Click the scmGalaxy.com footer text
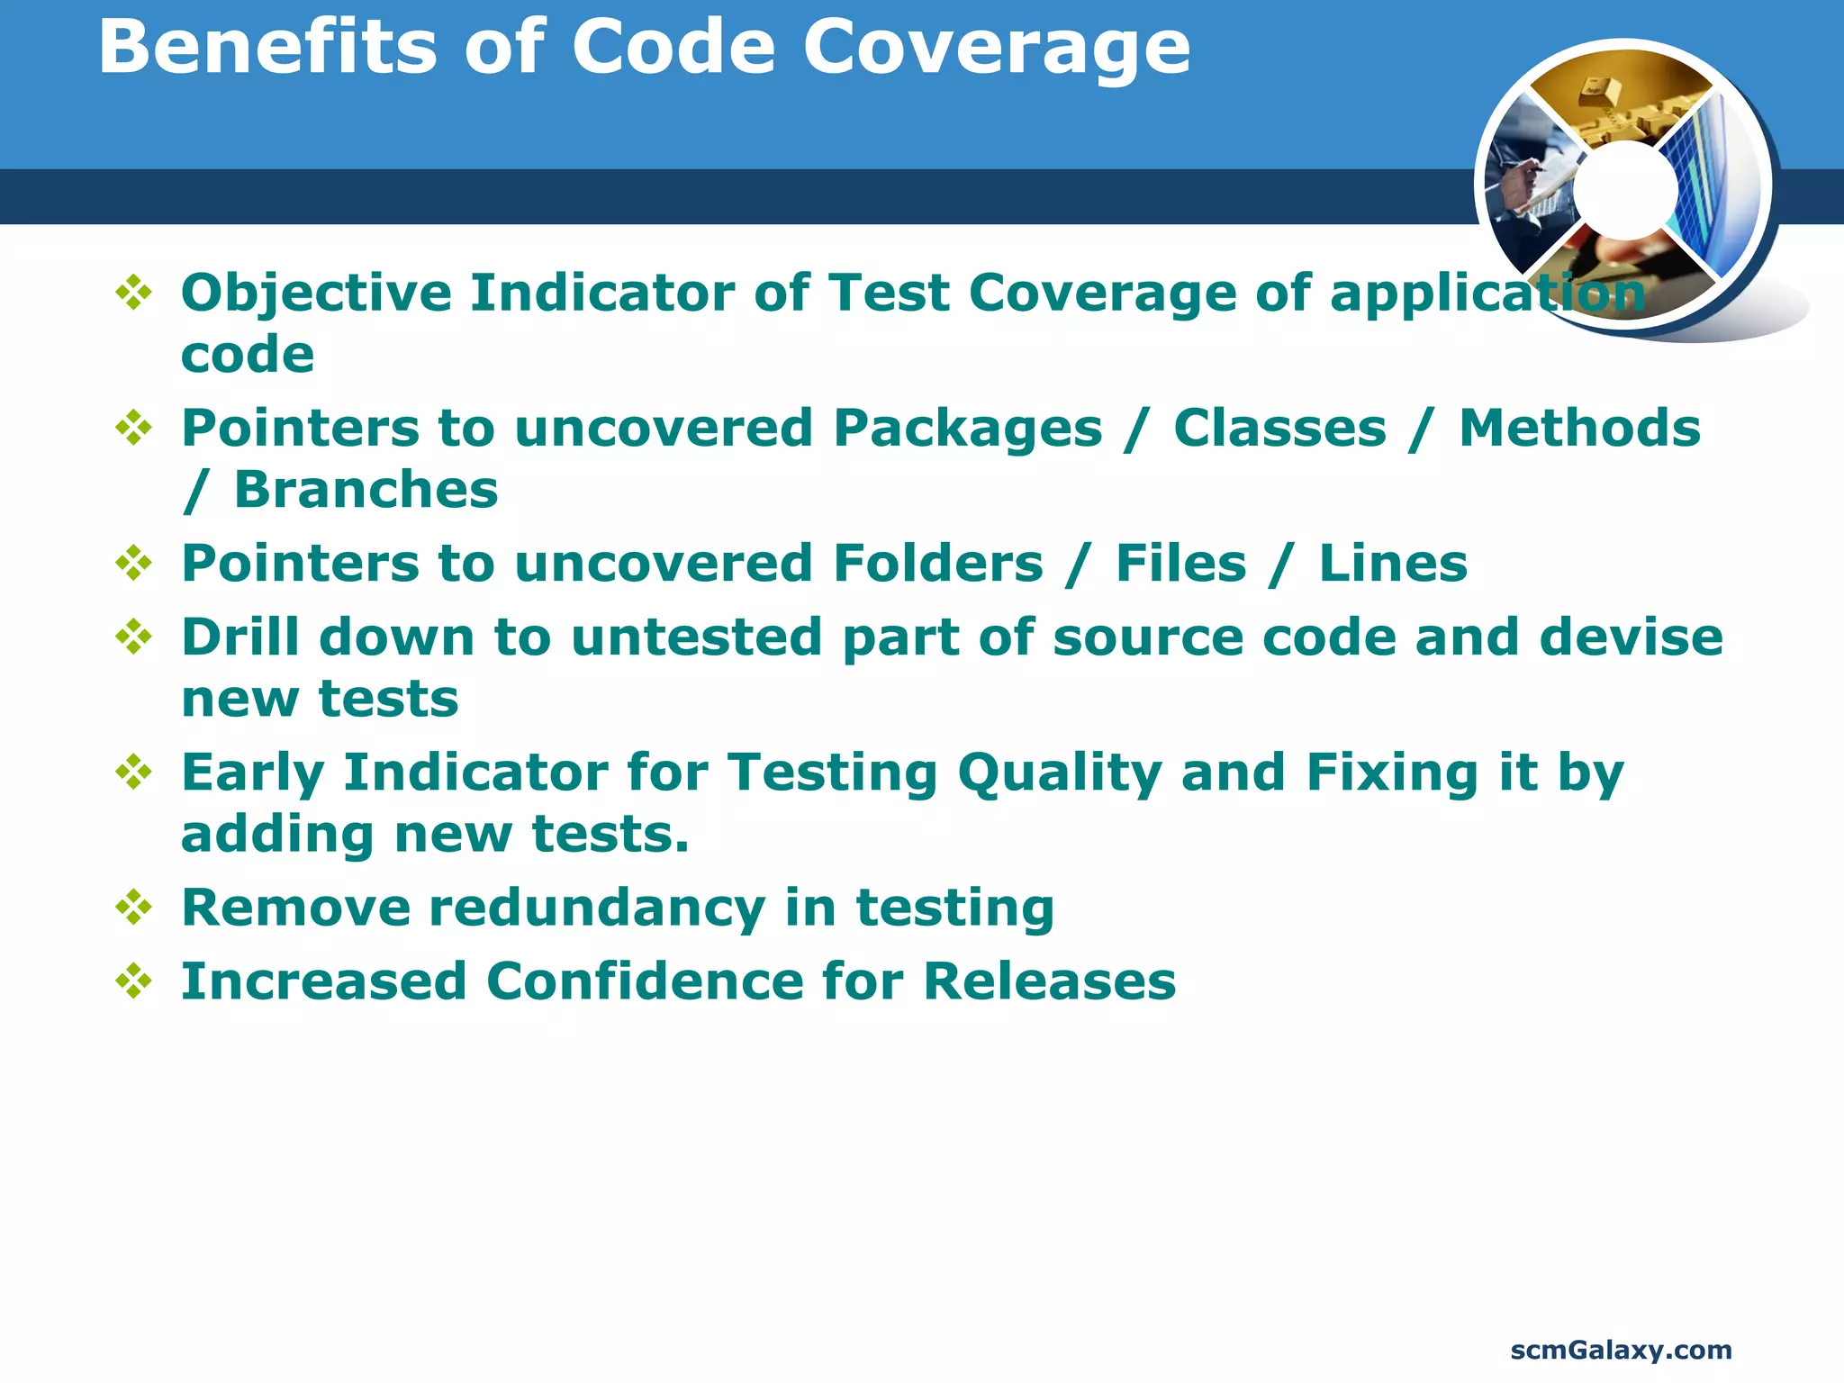[x=1620, y=1350]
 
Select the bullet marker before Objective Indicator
[x=134, y=293]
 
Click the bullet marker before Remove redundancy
[x=134, y=907]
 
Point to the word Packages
[x=967, y=428]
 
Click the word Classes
[x=1279, y=428]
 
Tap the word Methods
[x=1579, y=428]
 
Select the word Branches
[x=366, y=489]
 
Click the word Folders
[x=937, y=564]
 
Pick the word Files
[x=1180, y=564]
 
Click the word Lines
[x=1392, y=564]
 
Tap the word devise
[x=1631, y=637]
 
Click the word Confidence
[x=645, y=981]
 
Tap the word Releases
[x=1049, y=981]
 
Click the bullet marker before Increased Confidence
[x=134, y=981]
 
